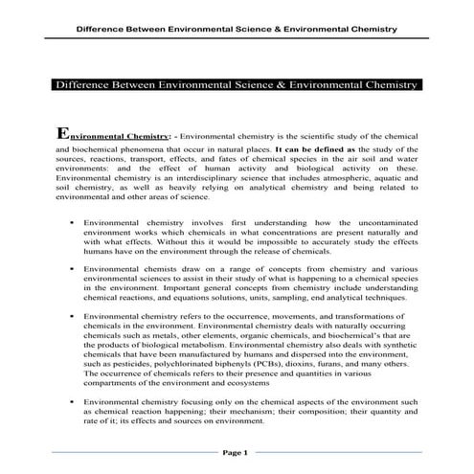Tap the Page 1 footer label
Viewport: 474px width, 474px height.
(236, 451)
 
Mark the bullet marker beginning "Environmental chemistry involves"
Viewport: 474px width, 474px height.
(73, 221)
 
